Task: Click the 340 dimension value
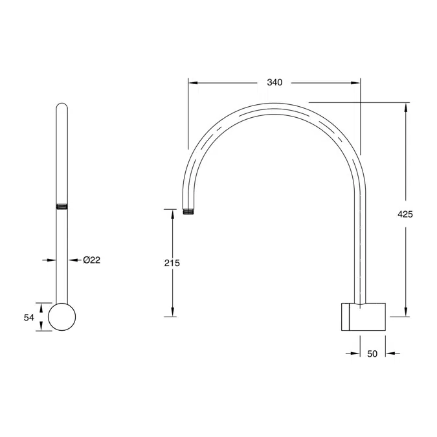(275, 82)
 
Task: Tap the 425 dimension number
(405, 214)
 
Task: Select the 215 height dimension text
(172, 263)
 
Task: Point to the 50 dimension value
(372, 353)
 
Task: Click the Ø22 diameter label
(92, 260)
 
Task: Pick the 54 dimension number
(28, 317)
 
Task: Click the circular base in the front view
(62, 317)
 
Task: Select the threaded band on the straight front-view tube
(62, 207)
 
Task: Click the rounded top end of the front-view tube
(62, 106)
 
